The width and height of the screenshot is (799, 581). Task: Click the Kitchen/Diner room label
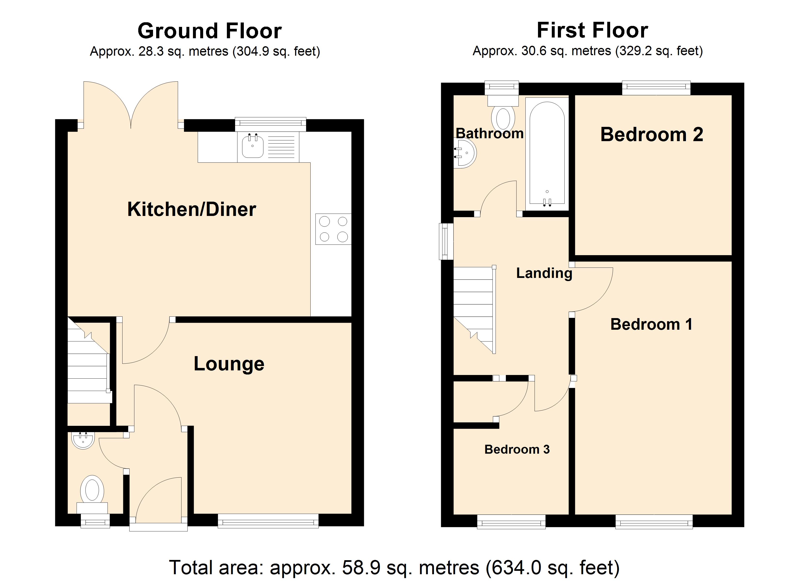click(192, 209)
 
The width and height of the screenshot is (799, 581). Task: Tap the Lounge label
click(229, 364)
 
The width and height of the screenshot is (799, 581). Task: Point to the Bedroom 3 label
click(517, 450)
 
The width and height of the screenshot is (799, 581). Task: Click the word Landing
click(544, 273)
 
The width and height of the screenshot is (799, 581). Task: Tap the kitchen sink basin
click(253, 146)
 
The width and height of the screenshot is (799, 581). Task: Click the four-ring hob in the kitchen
click(333, 229)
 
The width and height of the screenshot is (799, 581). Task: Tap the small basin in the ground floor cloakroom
click(83, 440)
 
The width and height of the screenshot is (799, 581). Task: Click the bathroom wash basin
click(465, 153)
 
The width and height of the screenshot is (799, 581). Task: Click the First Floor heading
click(592, 30)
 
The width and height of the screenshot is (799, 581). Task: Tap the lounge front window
click(268, 521)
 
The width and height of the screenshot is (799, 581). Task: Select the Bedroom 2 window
click(656, 88)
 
